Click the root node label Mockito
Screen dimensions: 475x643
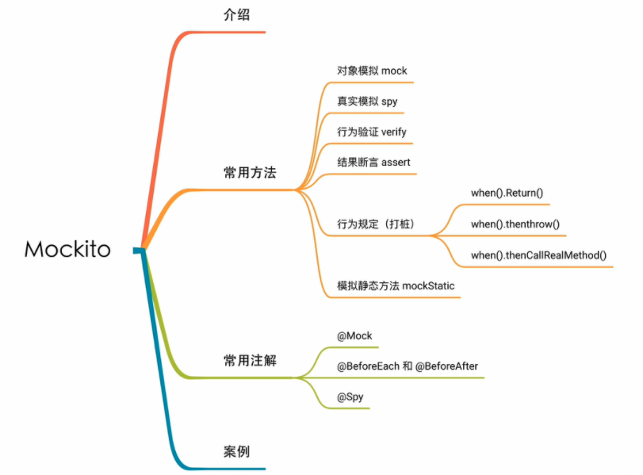[67, 249]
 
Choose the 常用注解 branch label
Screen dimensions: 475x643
[250, 361]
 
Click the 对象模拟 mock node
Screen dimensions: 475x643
[372, 71]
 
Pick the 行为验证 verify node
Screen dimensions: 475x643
[372, 132]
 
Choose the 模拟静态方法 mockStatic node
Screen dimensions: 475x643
[396, 285]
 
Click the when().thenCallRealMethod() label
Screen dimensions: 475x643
[538, 255]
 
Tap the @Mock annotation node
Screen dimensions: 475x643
[354, 335]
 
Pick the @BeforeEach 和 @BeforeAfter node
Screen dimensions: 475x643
[408, 366]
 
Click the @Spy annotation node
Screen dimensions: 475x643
[350, 396]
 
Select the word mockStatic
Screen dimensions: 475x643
[429, 285]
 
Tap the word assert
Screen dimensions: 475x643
[396, 162]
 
